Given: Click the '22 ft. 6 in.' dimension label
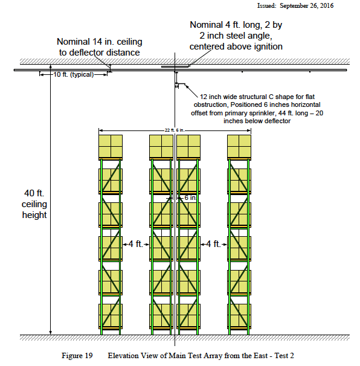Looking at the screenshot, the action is click(175, 130).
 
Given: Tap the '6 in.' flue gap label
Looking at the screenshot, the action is click(190, 197).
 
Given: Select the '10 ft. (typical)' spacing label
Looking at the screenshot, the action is click(74, 74).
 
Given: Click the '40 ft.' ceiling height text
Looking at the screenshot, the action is click(34, 193).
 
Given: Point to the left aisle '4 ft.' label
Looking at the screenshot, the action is click(135, 244).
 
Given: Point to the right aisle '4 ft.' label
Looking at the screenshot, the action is click(213, 244).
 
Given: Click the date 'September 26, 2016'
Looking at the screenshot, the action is click(306, 5).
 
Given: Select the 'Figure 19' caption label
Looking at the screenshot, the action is click(77, 356).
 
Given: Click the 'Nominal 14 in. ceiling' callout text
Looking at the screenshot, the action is click(100, 42).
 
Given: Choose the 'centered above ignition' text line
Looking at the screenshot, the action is click(236, 47).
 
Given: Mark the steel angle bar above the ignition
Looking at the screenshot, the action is click(175, 66).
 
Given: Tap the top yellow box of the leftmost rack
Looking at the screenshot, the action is click(111, 146).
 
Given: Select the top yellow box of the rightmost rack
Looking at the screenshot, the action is click(239, 146).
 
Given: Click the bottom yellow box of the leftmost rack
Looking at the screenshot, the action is click(111, 315).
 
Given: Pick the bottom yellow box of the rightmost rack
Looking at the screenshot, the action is click(239, 315).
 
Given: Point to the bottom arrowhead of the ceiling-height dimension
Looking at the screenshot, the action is click(50, 332).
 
